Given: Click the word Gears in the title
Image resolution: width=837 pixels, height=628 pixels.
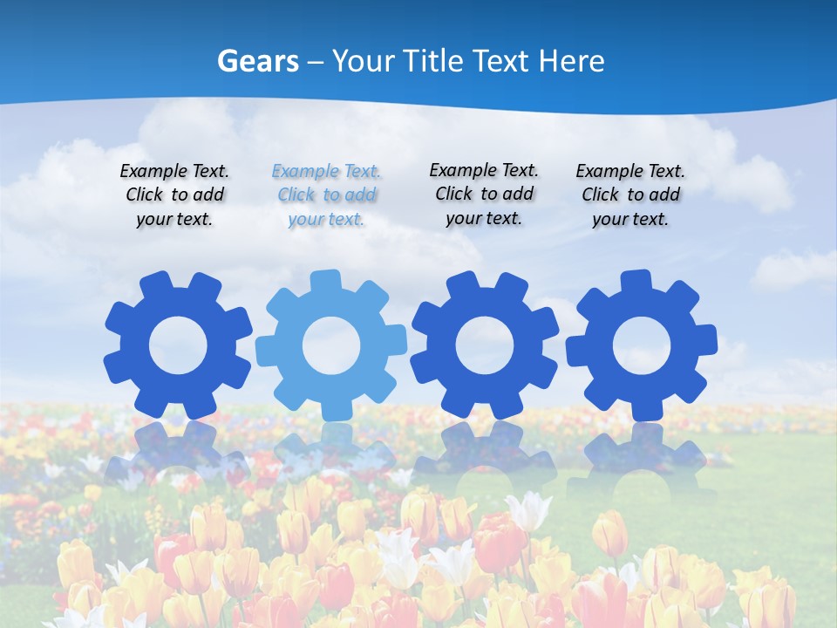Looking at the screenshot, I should click(x=257, y=61).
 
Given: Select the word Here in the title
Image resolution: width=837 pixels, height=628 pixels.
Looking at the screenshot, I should click(x=571, y=61).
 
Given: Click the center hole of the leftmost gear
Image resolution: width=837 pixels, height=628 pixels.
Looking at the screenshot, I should click(x=178, y=346).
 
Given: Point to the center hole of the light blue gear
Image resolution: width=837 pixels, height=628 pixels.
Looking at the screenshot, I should click(x=330, y=346).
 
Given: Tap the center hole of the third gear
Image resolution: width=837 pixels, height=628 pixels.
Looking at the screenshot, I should click(x=485, y=346).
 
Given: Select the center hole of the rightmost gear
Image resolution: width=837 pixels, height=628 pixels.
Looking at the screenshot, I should click(x=641, y=346).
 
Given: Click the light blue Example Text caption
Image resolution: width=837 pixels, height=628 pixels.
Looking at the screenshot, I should click(x=327, y=195).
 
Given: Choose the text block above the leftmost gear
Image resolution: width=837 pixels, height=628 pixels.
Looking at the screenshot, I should click(x=174, y=195).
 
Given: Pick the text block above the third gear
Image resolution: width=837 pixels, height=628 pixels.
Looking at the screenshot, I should click(x=484, y=195).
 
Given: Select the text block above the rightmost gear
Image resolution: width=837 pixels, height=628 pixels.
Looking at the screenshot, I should click(x=630, y=195).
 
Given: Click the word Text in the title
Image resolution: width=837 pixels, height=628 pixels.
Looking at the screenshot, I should click(x=503, y=61).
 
